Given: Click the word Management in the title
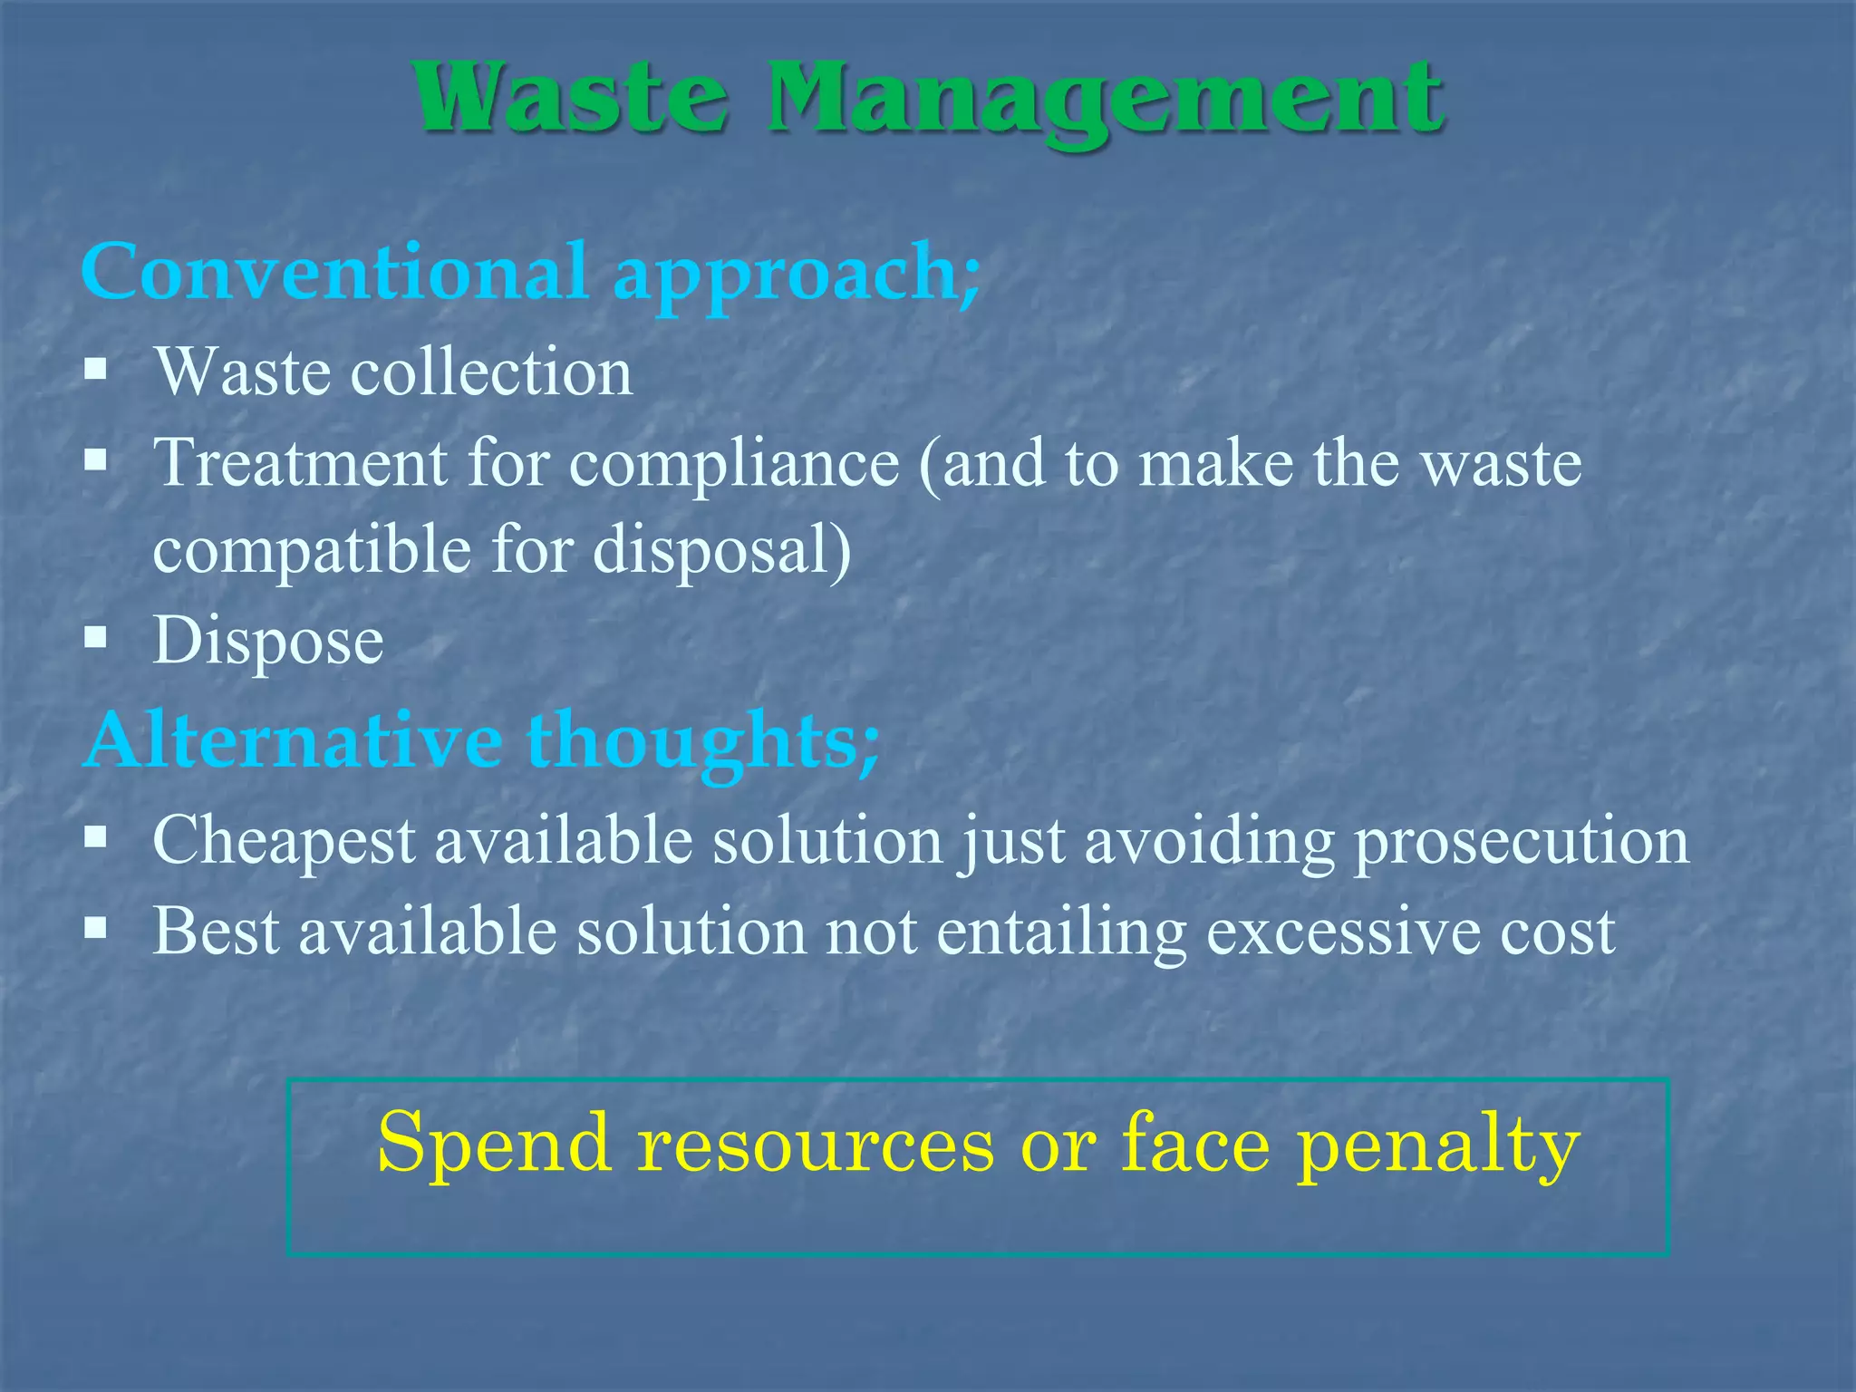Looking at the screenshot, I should coord(1105,100).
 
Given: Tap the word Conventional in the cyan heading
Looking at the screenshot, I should coord(335,271).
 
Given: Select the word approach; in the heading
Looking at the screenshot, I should coord(797,275).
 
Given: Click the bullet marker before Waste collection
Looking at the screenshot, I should coord(95,370).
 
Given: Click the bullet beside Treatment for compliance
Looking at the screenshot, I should coord(95,460).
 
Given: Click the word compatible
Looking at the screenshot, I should coord(313,551).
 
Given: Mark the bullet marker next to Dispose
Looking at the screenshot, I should coord(95,638).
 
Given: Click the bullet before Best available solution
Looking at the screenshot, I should coord(95,928).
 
